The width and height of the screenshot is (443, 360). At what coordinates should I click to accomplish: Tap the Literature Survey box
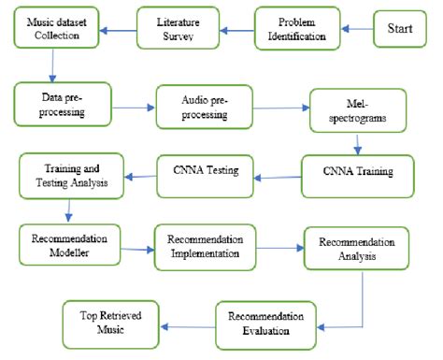178,28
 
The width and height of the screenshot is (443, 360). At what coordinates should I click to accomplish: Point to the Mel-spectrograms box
357,110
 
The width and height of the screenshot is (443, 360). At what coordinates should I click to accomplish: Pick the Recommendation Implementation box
205,247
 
